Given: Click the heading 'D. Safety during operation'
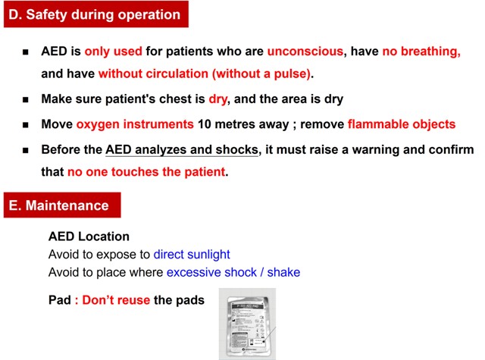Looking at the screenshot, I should click(x=94, y=14).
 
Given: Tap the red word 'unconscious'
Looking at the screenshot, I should click(x=306, y=52).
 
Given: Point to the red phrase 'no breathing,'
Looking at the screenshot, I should click(x=421, y=52).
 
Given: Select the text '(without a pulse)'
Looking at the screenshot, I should click(x=261, y=74).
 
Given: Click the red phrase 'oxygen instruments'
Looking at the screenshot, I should click(x=135, y=124).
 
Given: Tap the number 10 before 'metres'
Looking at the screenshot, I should click(x=205, y=124).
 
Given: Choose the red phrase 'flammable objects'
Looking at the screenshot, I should click(x=402, y=124).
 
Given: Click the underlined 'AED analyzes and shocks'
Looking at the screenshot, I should click(x=183, y=149).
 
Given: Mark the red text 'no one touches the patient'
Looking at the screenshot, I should click(x=146, y=172).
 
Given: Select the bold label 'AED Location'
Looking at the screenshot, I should click(x=89, y=237).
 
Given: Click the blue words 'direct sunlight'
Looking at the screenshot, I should click(x=192, y=255).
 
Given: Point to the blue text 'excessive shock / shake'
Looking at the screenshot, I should click(x=233, y=272).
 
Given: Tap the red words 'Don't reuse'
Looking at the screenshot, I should click(x=116, y=300).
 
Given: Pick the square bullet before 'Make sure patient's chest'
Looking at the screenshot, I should click(x=26, y=100).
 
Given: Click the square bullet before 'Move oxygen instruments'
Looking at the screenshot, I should click(x=26, y=124).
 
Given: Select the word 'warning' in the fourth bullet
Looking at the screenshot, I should click(x=358, y=149).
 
